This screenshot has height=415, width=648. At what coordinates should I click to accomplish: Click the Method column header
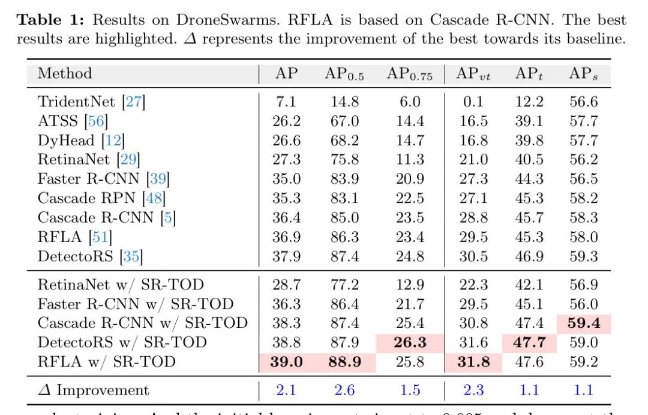[65, 74]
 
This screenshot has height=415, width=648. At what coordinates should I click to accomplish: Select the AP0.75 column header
[409, 74]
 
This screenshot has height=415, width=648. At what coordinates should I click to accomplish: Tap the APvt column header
[473, 74]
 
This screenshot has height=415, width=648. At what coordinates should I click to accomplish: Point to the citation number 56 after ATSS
[96, 121]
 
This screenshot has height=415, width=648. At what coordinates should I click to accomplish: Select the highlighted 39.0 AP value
[287, 362]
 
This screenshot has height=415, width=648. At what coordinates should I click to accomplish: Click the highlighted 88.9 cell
[344, 362]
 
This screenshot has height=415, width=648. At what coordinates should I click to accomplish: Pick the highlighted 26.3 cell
[410, 342]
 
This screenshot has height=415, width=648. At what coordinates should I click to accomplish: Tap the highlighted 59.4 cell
[584, 323]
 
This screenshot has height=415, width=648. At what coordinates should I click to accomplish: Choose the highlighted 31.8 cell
[473, 362]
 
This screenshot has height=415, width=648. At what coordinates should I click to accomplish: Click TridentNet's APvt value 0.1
[473, 102]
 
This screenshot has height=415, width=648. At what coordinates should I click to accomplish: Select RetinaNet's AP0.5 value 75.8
[344, 160]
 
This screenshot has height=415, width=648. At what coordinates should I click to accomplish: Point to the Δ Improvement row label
[93, 390]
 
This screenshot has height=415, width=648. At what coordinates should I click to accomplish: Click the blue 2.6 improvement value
[344, 390]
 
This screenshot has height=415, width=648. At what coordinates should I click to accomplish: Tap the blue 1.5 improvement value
[410, 390]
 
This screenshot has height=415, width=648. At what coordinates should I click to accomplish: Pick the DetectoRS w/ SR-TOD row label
[122, 342]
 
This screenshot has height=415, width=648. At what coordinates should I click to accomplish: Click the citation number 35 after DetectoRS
[131, 257]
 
